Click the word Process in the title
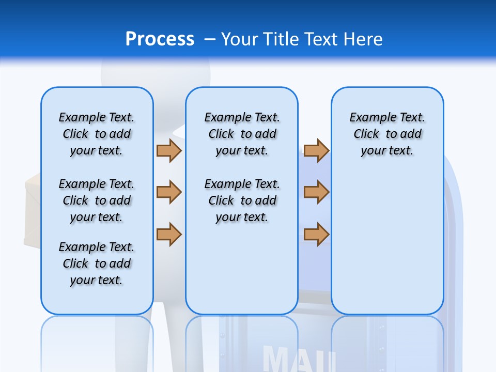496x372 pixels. (160, 39)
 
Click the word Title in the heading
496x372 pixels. (281, 39)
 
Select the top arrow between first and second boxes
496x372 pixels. (169, 150)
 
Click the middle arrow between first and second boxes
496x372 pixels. (169, 192)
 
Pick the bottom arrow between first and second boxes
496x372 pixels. (169, 234)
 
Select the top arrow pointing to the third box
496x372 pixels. (316, 150)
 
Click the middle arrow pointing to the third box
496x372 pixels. (316, 192)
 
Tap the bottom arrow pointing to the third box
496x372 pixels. (316, 234)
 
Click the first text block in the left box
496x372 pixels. (97, 134)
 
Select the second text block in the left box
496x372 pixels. (97, 200)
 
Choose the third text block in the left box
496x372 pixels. (97, 263)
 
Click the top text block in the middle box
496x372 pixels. (242, 134)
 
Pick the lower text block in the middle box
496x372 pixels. (242, 200)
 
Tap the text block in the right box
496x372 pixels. (387, 134)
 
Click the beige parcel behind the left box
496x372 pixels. (32, 212)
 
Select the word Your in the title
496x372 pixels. (240, 39)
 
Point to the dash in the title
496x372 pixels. (210, 39)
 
